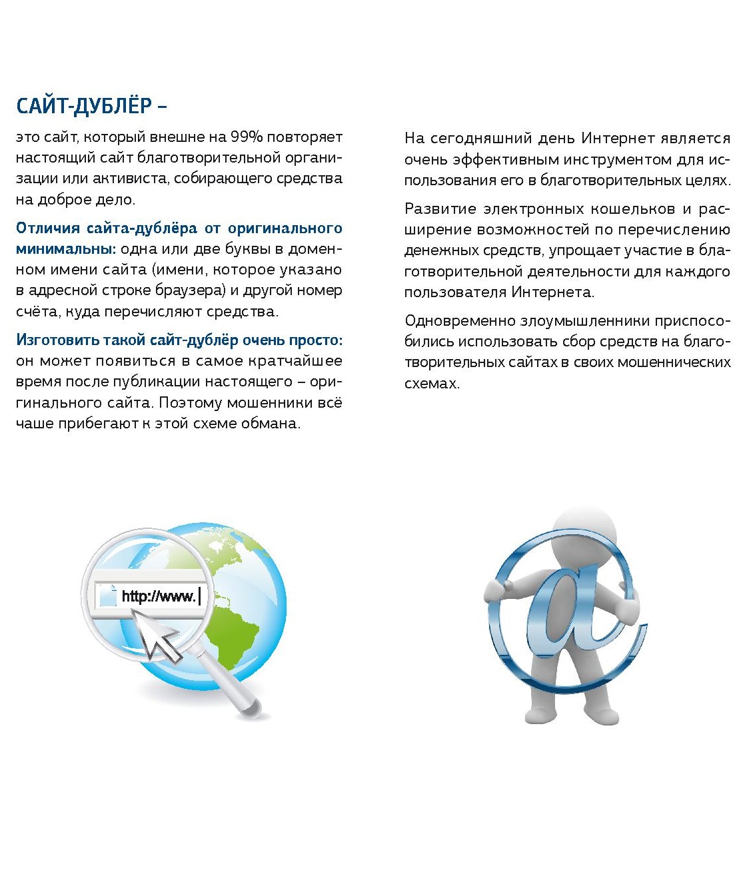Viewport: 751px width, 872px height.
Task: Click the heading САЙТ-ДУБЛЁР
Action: tap(84, 106)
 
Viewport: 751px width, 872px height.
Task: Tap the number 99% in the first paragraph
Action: tap(247, 137)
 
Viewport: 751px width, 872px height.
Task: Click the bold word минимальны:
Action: tap(65, 249)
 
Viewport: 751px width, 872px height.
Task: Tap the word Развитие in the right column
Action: tap(439, 209)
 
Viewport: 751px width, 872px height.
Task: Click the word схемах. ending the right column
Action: tap(432, 384)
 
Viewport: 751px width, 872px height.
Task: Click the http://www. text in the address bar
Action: tap(159, 596)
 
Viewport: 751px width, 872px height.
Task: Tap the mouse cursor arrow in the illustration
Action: tap(157, 634)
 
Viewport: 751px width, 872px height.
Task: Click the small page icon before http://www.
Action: tap(107, 596)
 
